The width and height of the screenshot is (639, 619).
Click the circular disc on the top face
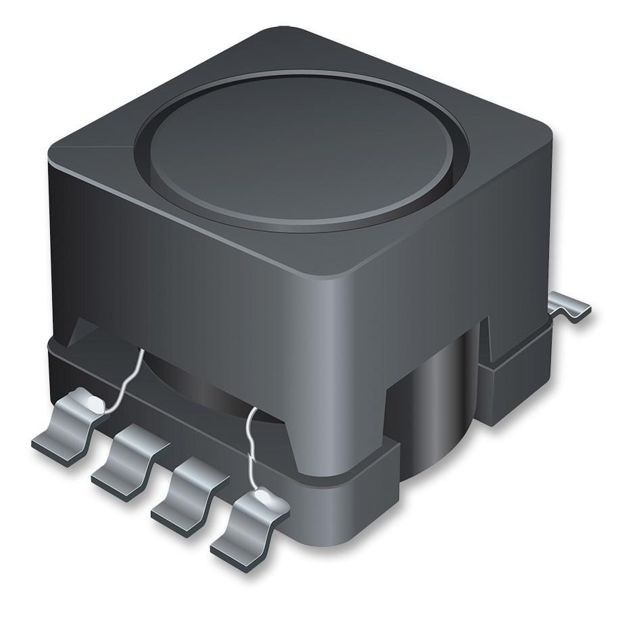(x=301, y=152)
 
